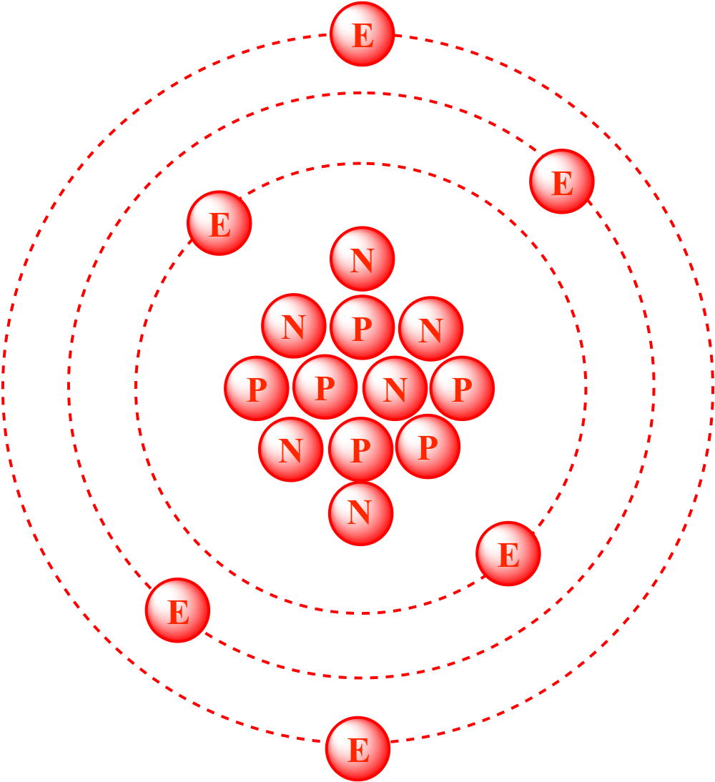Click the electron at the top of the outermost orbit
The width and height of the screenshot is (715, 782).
point(362,34)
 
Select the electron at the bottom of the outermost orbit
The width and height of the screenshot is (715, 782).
point(357,749)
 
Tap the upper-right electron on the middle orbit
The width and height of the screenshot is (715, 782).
point(562,182)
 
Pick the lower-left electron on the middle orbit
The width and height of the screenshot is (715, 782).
point(177,610)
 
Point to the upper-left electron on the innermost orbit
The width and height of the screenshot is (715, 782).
point(220,223)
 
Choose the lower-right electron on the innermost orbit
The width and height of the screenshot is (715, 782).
point(508,554)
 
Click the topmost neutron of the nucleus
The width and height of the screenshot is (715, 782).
point(362,259)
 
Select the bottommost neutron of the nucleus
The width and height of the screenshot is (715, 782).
point(360,513)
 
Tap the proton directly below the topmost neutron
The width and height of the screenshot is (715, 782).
point(362,327)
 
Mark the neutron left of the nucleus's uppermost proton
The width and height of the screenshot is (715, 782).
point(294,326)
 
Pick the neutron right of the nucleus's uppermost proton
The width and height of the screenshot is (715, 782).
point(430,329)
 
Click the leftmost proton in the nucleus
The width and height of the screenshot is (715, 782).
point(257,389)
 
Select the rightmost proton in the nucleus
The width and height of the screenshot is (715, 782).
point(462,389)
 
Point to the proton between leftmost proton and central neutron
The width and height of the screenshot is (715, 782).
point(325,387)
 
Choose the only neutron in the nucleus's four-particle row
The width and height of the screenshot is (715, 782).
point(395,389)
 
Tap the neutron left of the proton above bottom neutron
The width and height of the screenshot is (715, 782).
point(290,450)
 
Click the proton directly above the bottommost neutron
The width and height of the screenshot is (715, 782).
point(360,450)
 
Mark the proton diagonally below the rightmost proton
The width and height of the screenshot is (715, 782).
point(428,447)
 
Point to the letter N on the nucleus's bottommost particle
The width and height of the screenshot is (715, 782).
point(360,513)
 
